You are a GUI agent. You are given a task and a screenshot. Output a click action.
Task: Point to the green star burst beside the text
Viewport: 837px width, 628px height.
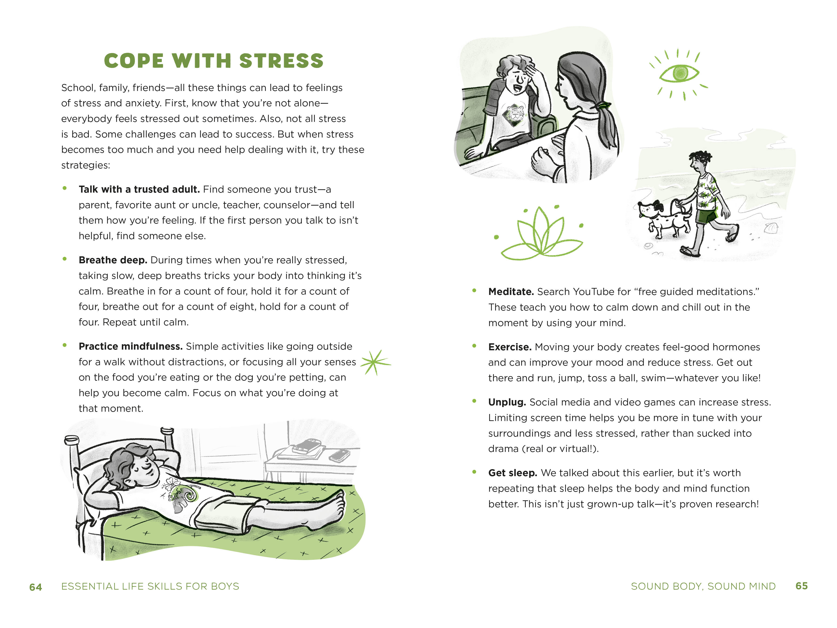375,362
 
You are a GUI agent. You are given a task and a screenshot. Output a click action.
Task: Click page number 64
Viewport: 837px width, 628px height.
36,587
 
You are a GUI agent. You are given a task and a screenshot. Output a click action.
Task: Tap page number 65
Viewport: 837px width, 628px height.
801,586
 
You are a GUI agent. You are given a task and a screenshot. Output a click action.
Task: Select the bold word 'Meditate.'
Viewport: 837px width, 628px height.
511,292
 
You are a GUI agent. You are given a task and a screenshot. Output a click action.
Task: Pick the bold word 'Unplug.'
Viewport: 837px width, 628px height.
507,402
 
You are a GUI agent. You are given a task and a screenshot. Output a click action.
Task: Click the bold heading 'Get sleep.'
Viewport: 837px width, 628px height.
513,473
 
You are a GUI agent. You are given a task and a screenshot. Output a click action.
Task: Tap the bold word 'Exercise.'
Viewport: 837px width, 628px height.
510,347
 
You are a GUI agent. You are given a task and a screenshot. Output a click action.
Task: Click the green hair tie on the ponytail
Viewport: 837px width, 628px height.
603,105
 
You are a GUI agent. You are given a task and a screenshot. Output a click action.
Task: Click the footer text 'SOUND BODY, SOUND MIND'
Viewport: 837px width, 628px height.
703,586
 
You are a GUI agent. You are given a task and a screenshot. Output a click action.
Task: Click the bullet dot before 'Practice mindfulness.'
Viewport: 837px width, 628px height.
65,345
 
